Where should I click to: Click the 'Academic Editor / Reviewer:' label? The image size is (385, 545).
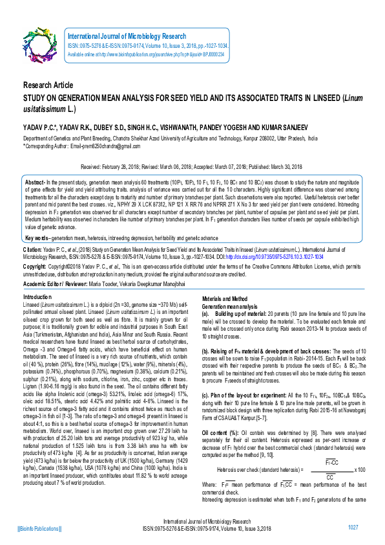coord(59,285)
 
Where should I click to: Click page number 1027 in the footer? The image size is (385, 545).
coord(353,528)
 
